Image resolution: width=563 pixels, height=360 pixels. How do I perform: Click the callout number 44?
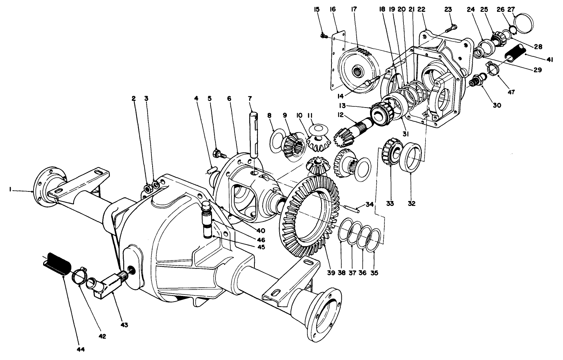pyautogui.click(x=80, y=349)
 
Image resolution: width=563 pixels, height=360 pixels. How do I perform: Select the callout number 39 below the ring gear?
pyautogui.click(x=330, y=273)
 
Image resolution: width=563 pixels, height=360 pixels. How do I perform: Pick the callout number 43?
pyautogui.click(x=124, y=325)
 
